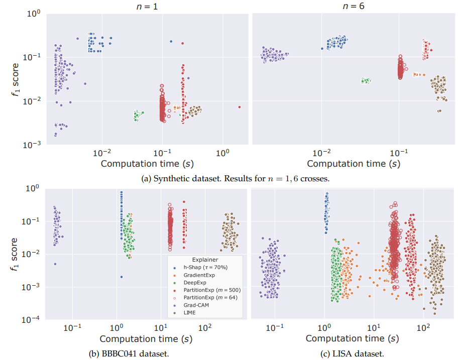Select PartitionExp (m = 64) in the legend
pyautogui.click(x=210, y=298)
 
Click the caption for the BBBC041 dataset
pyautogui.click(x=129, y=353)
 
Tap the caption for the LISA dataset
pyautogui.click(x=352, y=353)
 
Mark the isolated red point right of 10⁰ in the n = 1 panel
pyautogui.click(x=240, y=107)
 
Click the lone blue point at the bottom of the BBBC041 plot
pyautogui.click(x=122, y=277)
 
